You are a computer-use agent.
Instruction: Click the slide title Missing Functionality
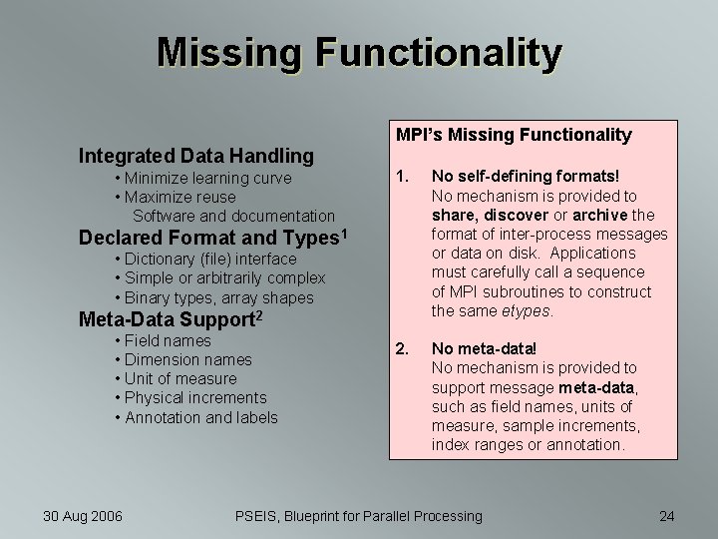point(359,53)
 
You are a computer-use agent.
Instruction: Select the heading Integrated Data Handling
point(196,155)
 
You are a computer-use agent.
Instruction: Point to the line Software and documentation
point(233,216)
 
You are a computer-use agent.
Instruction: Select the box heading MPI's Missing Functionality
point(514,135)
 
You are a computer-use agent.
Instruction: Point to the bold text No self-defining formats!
point(526,177)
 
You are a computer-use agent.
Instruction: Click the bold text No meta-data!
point(484,349)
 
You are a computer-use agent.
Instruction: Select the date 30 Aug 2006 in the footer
point(83,516)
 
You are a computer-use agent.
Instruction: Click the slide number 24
point(667,516)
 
